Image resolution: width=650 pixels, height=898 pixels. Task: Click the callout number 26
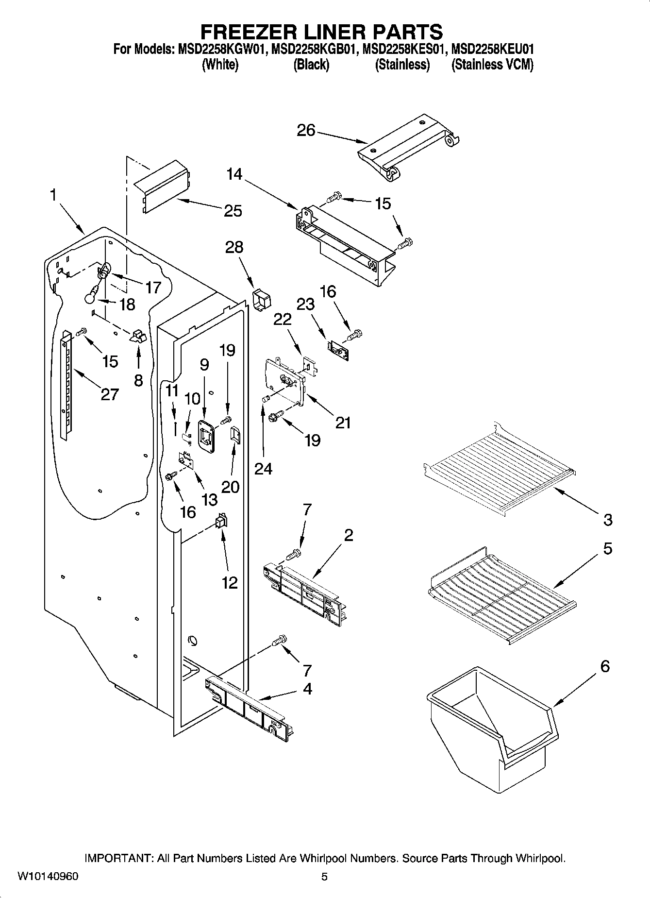click(306, 130)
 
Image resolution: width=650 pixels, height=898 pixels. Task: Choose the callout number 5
click(607, 549)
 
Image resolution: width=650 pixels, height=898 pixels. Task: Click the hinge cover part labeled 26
click(408, 148)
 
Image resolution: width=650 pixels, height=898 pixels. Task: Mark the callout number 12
click(229, 582)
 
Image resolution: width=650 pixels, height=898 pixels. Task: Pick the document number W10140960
click(48, 876)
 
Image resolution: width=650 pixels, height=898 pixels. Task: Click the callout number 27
click(110, 394)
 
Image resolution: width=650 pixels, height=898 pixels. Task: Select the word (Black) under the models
click(311, 65)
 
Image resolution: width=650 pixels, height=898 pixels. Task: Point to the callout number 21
click(343, 423)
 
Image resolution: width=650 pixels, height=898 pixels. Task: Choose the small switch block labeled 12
click(221, 522)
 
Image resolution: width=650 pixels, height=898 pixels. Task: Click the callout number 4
click(307, 689)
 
